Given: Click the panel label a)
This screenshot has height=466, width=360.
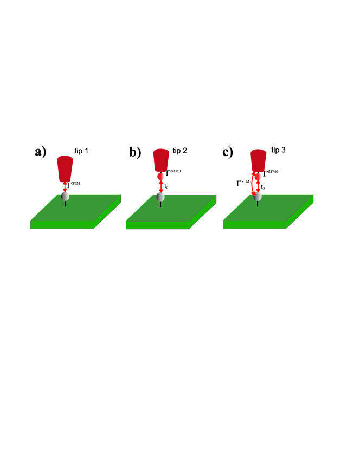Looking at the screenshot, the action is click(x=41, y=152).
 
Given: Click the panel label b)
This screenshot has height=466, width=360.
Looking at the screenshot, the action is click(x=135, y=152).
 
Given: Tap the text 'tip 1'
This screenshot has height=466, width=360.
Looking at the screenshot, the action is click(x=82, y=149).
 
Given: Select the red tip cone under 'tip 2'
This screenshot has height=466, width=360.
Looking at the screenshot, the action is click(x=162, y=160).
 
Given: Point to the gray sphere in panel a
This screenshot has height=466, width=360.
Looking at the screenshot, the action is click(x=65, y=196).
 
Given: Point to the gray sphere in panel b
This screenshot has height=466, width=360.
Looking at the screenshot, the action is click(x=161, y=196).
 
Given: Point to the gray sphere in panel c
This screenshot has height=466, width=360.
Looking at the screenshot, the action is click(x=258, y=196).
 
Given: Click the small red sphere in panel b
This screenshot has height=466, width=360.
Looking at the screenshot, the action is click(x=161, y=177).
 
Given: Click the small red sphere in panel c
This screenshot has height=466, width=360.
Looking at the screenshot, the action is click(x=259, y=177).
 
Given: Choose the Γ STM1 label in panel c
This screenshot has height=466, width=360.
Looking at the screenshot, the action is click(x=243, y=184).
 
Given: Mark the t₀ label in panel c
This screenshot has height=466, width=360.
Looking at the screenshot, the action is click(x=264, y=187).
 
